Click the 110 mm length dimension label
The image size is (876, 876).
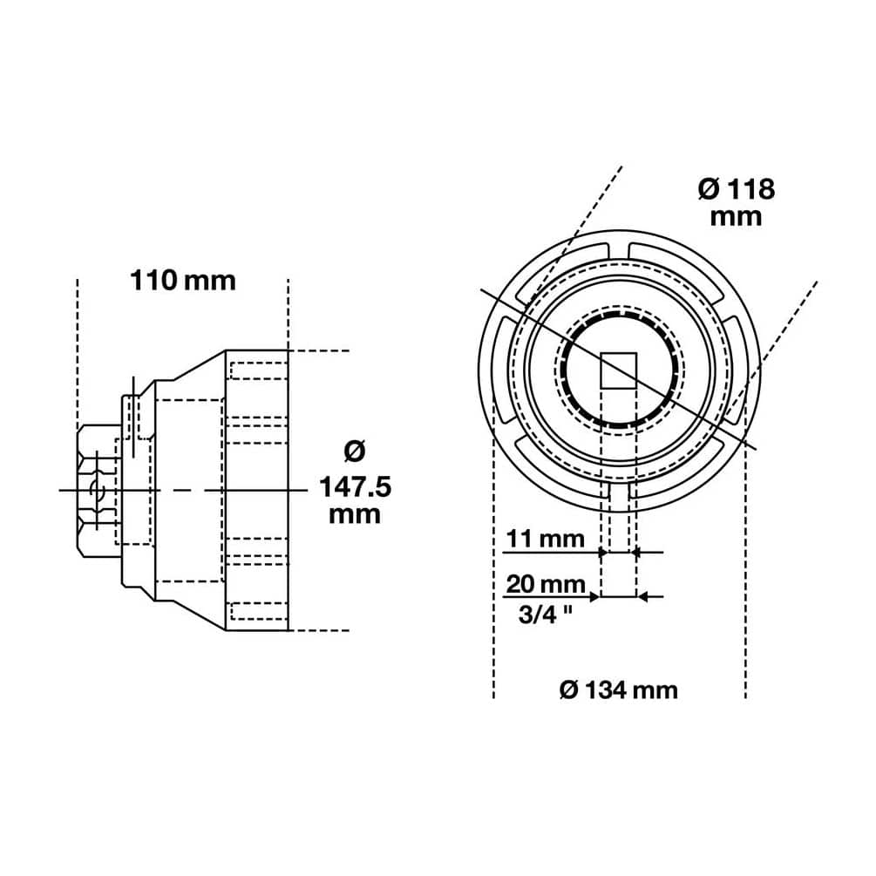coord(183,281)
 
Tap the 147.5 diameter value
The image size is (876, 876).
coord(356,487)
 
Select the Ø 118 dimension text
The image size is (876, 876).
coord(737,190)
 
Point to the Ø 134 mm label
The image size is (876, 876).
coord(619,690)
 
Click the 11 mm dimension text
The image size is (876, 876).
coord(546,540)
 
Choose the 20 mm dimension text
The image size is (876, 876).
coord(546,585)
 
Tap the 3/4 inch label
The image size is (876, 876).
coord(546,615)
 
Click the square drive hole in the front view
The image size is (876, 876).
coord(619,370)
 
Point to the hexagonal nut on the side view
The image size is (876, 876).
coord(99,491)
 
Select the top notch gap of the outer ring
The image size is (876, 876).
coord(619,250)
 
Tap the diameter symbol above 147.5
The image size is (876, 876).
coord(355,452)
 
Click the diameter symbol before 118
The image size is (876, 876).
coord(710,190)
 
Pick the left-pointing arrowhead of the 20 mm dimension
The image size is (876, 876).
coord(642,597)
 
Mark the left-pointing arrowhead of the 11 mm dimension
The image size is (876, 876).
coord(636,553)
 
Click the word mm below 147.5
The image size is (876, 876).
coord(355,514)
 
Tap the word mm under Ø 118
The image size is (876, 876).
coord(737,217)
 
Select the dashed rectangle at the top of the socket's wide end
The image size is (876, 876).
coord(259,370)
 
